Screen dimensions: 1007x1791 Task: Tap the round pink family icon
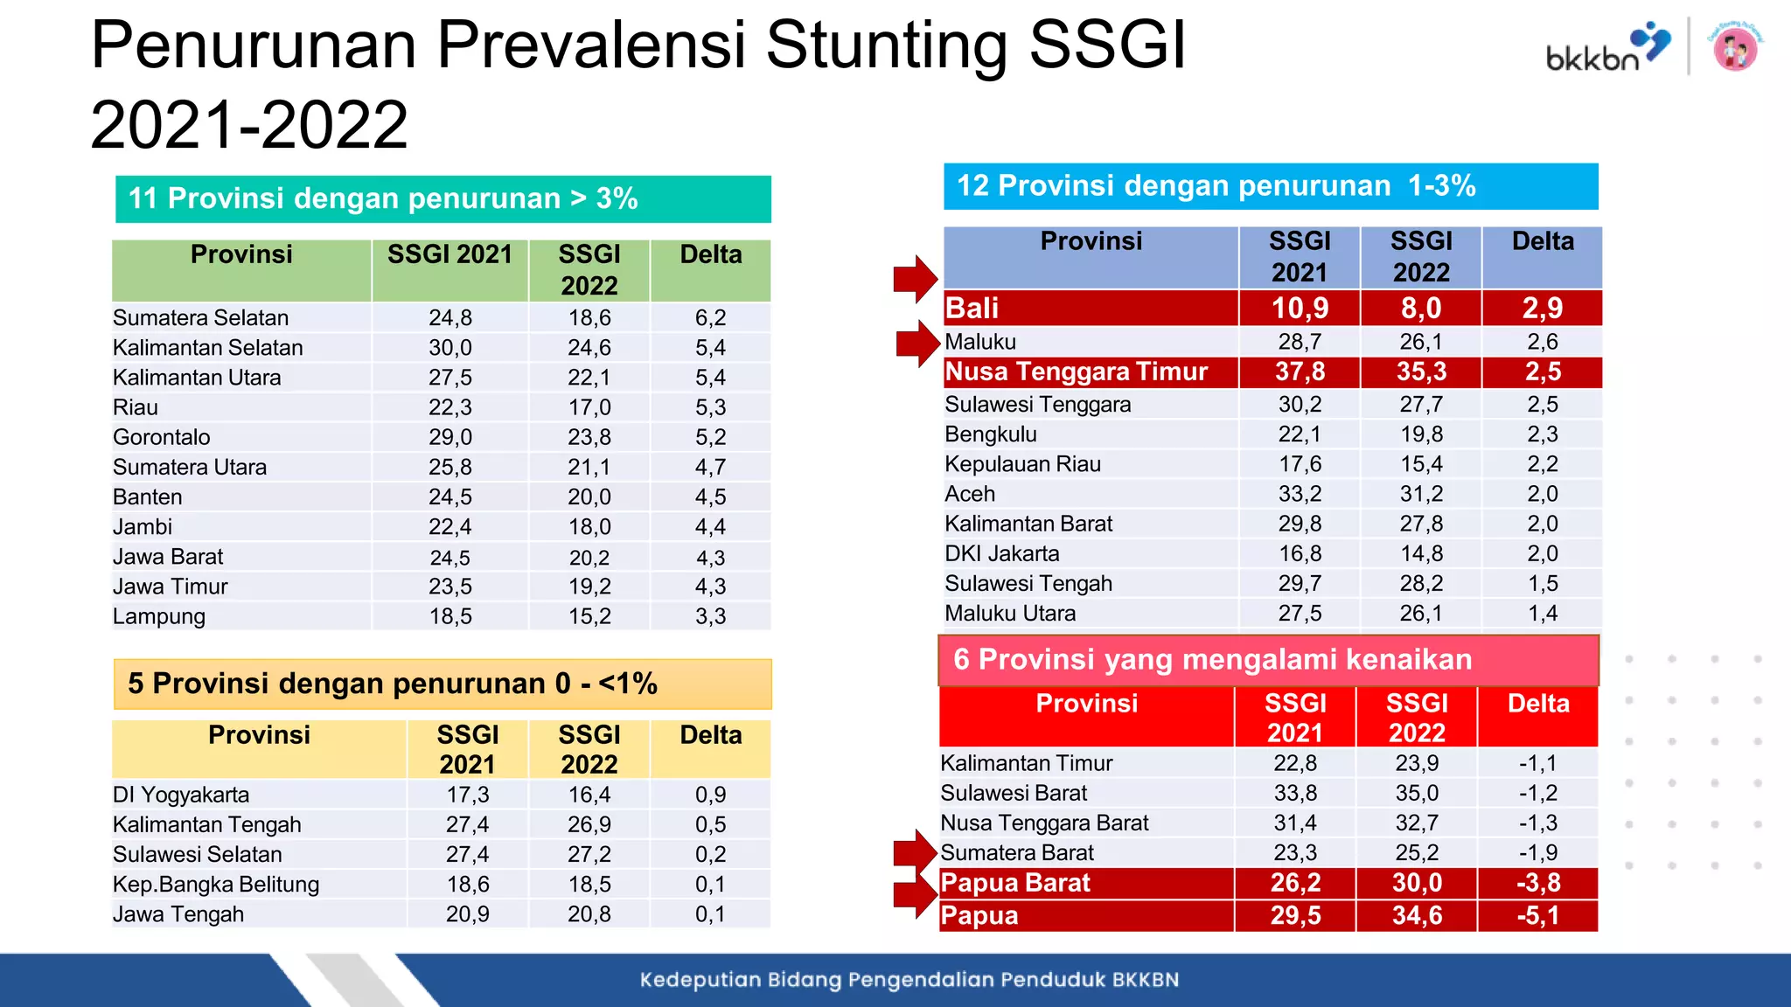(x=1735, y=47)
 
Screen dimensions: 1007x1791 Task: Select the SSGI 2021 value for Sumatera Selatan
(x=449, y=317)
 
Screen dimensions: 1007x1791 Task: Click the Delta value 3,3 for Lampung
(x=710, y=616)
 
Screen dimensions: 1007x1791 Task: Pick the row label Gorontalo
(x=162, y=437)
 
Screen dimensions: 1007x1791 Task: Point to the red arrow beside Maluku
(x=917, y=342)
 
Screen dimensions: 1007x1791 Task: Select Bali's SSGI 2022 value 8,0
(x=1420, y=308)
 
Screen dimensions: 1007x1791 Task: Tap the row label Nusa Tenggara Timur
(x=1076, y=372)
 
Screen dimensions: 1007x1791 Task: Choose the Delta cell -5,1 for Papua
(x=1537, y=915)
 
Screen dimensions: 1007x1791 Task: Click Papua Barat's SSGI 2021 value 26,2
(x=1295, y=883)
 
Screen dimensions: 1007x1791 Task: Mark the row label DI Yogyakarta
(x=181, y=795)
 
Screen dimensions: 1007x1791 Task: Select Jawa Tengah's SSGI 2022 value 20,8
(x=589, y=914)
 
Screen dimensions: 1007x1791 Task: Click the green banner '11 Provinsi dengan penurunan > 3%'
(x=443, y=198)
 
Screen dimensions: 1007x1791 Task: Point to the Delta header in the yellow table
(x=710, y=735)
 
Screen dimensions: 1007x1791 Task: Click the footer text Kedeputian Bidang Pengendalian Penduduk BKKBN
(x=909, y=980)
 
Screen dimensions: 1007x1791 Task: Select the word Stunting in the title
(x=888, y=45)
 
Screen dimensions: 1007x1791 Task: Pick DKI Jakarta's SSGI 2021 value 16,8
(x=1300, y=553)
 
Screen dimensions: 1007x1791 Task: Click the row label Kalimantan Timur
(x=1026, y=763)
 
